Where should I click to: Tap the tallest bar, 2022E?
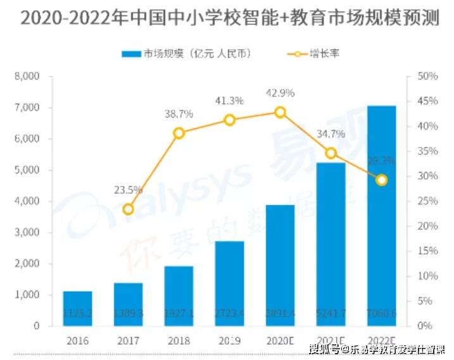pyautogui.click(x=381, y=215)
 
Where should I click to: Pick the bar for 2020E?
pyautogui.click(x=280, y=265)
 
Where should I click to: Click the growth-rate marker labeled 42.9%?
pyautogui.click(x=280, y=112)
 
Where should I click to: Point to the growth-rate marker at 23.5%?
pyautogui.click(x=129, y=209)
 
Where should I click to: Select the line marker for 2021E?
pyautogui.click(x=331, y=153)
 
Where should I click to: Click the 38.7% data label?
pyautogui.click(x=179, y=114)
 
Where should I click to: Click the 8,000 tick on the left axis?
pyautogui.click(x=27, y=77)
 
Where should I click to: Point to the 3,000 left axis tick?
pyautogui.click(x=27, y=233)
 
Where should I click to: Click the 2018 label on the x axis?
pyautogui.click(x=179, y=340)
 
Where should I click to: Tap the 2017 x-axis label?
pyautogui.click(x=129, y=340)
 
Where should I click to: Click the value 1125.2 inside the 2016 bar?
pyautogui.click(x=77, y=313)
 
